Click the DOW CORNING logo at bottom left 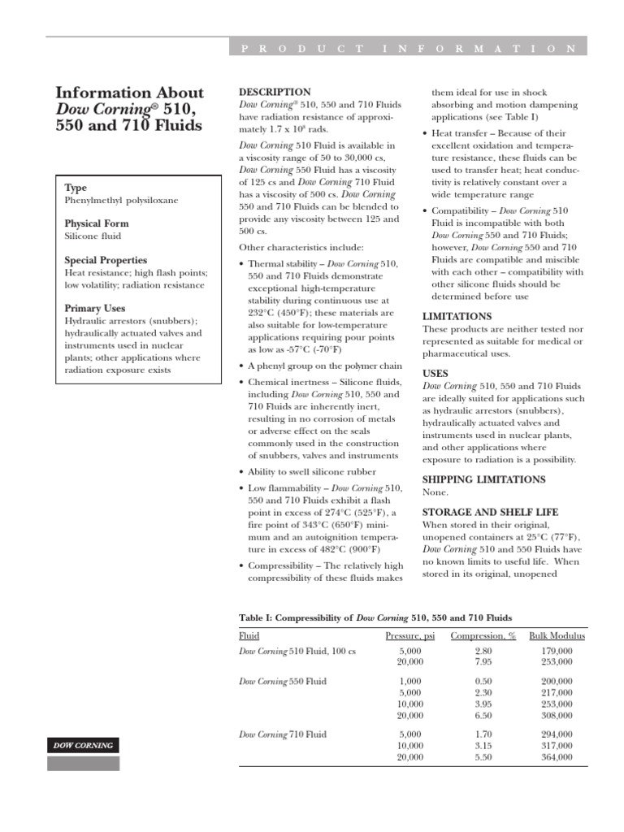[x=84, y=745]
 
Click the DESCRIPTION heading [x=275, y=93]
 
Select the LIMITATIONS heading [x=457, y=316]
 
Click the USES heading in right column [x=435, y=373]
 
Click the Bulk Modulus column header [x=557, y=635]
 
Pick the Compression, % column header [x=483, y=635]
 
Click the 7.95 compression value [x=483, y=661]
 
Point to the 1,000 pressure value [x=410, y=681]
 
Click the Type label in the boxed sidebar [x=76, y=188]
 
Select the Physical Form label [x=97, y=223]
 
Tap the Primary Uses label [x=94, y=309]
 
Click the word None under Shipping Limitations [x=435, y=492]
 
